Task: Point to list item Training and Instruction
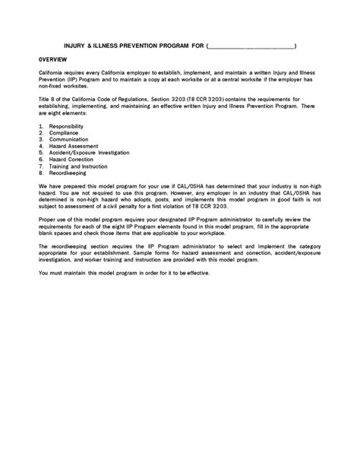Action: coord(77,167)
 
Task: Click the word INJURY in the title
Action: coord(75,46)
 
